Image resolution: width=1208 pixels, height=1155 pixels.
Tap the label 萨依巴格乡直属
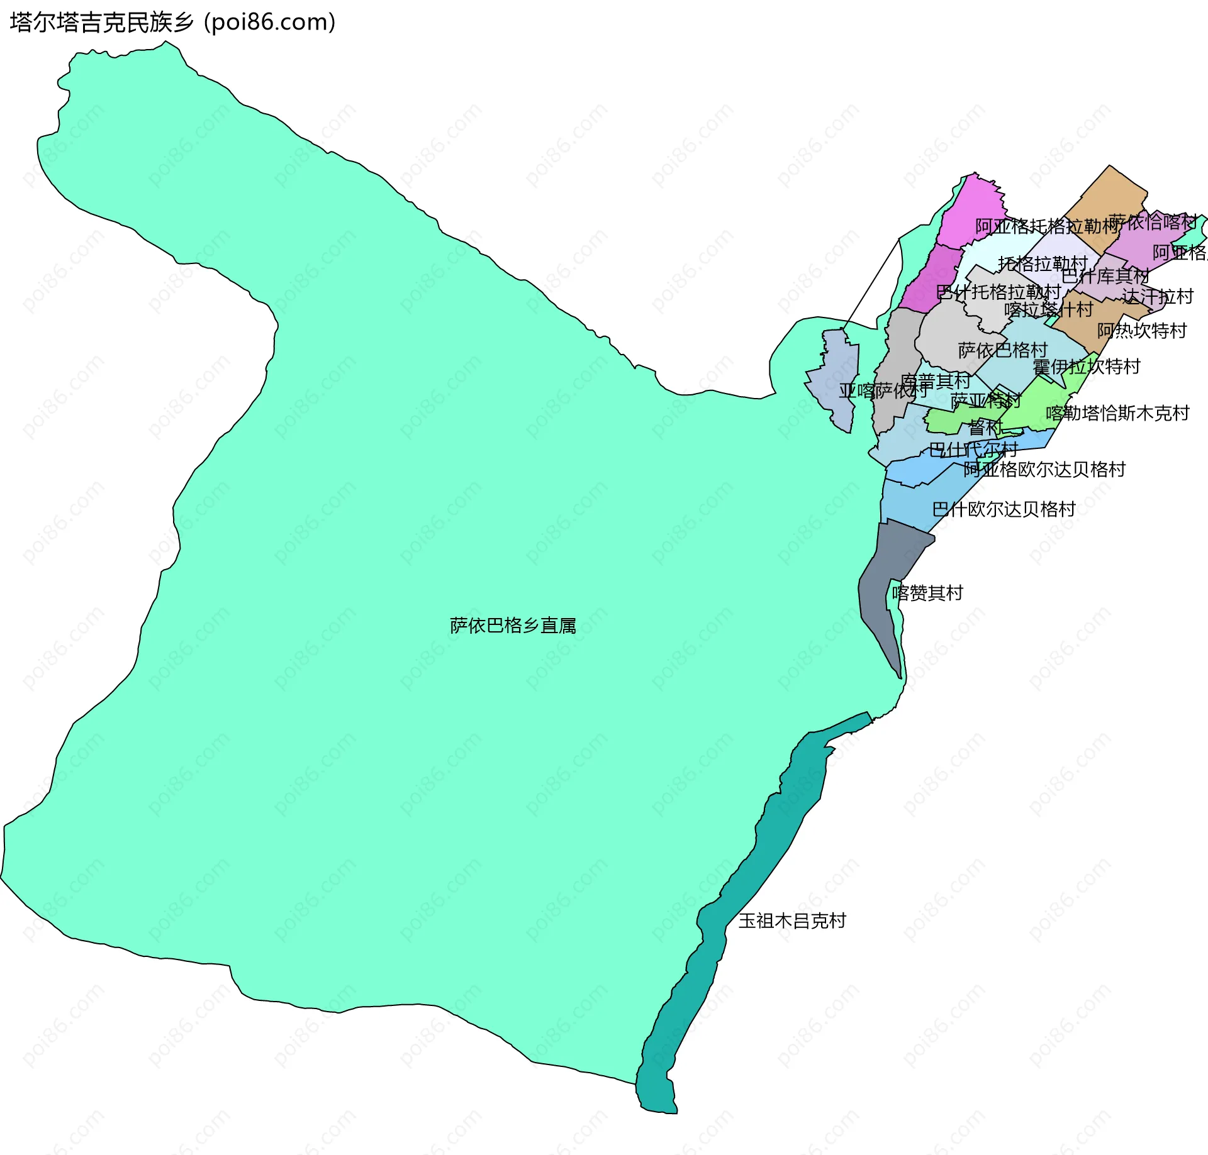(513, 626)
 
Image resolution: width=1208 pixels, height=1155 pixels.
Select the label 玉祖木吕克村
(792, 921)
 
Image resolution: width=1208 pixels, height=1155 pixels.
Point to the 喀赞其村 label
(927, 593)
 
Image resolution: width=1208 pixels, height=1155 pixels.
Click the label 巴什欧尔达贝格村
(1004, 509)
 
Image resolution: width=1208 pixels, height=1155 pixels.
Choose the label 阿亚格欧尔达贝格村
(1044, 470)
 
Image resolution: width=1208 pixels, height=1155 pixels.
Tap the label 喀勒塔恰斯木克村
(1117, 413)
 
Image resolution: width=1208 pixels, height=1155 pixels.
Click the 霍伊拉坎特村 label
(1086, 367)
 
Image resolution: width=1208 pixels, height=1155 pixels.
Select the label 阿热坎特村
(1141, 331)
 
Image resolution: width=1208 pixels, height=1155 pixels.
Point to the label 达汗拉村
(1157, 296)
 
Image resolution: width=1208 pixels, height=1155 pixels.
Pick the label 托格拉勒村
(1043, 263)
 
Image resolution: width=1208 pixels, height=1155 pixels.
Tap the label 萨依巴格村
(1002, 350)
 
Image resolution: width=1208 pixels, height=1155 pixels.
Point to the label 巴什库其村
(1105, 276)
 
